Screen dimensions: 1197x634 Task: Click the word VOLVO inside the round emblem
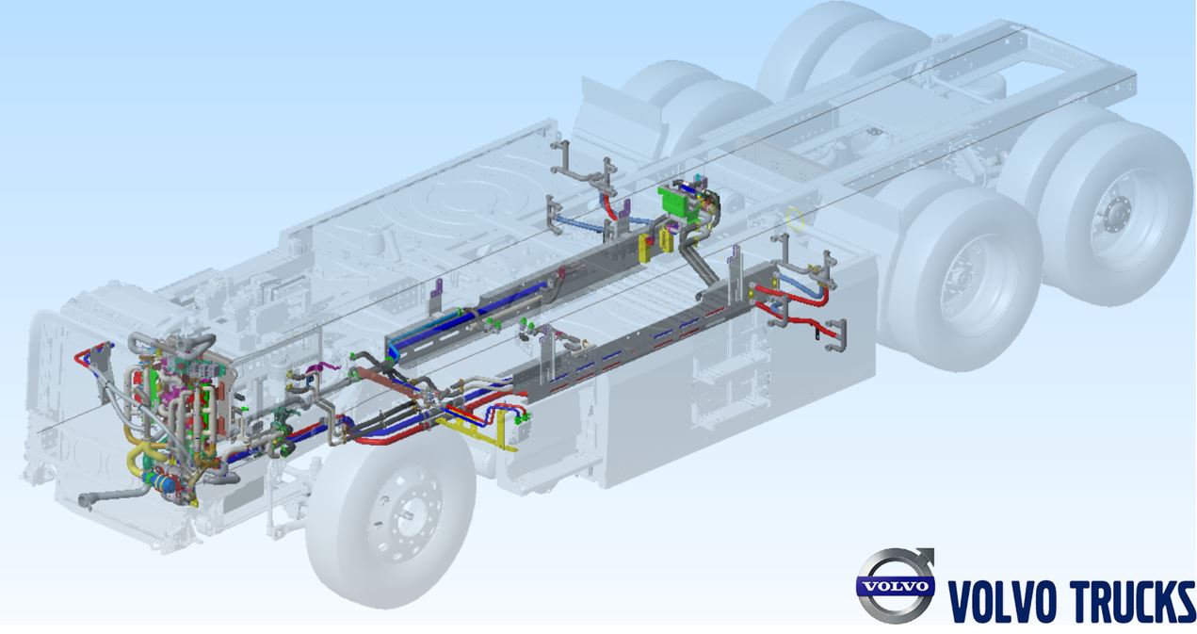pos(896,585)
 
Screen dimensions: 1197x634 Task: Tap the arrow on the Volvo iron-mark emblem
pos(922,560)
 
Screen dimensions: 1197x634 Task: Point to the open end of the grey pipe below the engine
pos(84,500)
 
